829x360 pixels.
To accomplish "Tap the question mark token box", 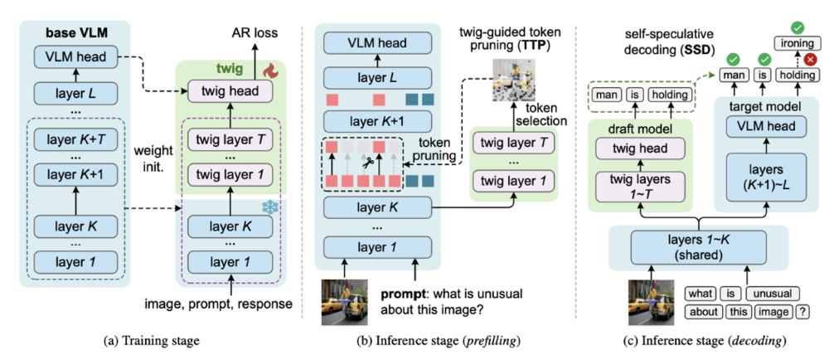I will click(x=802, y=313).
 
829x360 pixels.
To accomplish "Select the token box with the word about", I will click(x=701, y=313).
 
